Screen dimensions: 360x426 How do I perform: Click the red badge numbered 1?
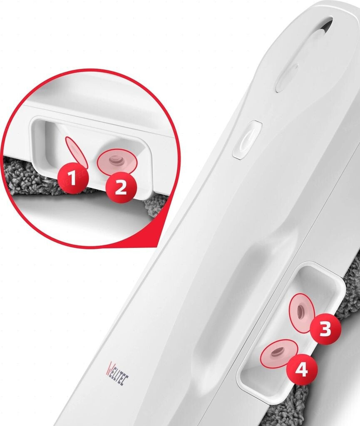(73, 178)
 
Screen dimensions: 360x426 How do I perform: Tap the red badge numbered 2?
(121, 188)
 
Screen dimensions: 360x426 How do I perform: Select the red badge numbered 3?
(325, 329)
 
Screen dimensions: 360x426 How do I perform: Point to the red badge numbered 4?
(302, 369)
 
